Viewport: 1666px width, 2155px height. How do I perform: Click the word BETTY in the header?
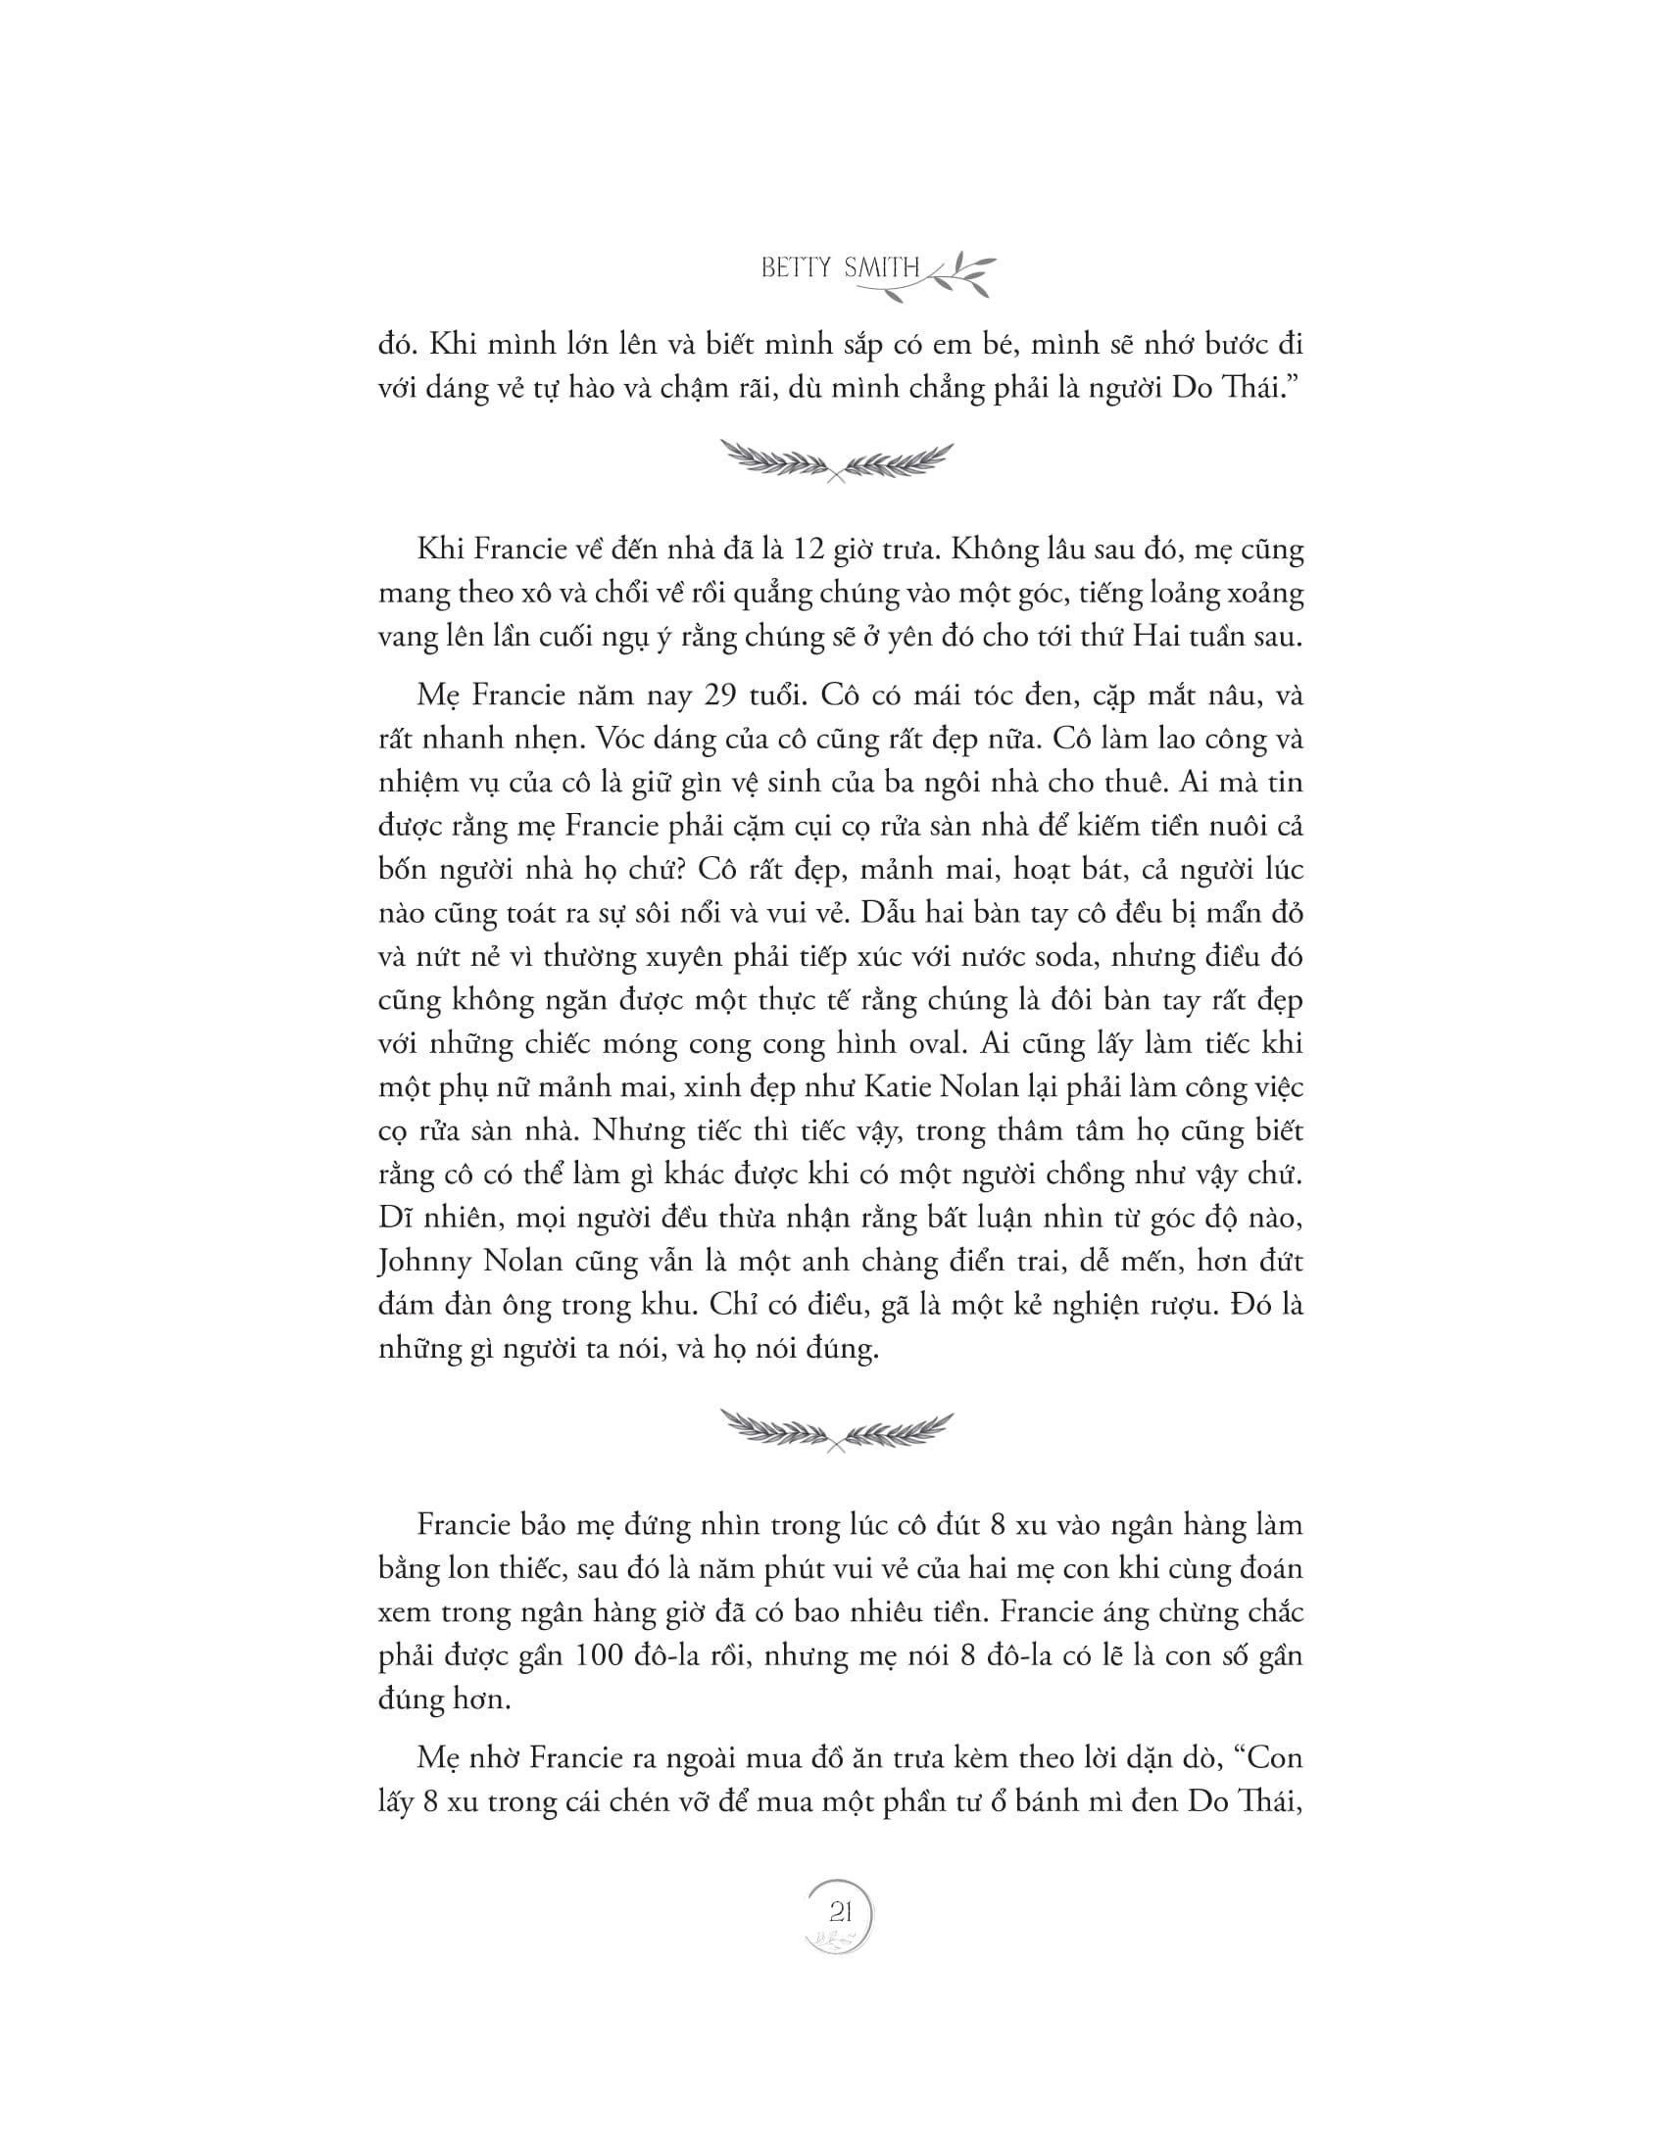pos(797,268)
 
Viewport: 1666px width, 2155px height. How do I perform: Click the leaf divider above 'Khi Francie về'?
pos(837,460)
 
